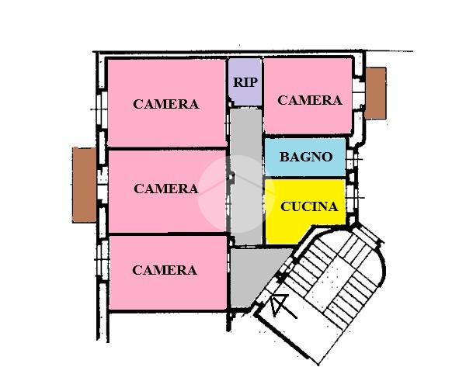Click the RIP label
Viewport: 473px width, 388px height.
245,81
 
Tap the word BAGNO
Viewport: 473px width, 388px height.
306,157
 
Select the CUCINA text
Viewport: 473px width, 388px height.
309,206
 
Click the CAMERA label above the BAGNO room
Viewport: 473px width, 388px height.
310,100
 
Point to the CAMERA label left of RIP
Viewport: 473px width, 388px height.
165,104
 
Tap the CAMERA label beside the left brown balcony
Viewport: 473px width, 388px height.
165,189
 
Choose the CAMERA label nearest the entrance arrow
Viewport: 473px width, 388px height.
165,270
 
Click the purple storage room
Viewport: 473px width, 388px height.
245,92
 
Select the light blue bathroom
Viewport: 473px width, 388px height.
305,167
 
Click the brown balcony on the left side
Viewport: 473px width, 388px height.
83,184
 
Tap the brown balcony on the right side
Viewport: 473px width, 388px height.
375,93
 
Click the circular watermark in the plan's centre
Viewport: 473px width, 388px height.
236,194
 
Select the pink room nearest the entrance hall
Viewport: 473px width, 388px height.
167,287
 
